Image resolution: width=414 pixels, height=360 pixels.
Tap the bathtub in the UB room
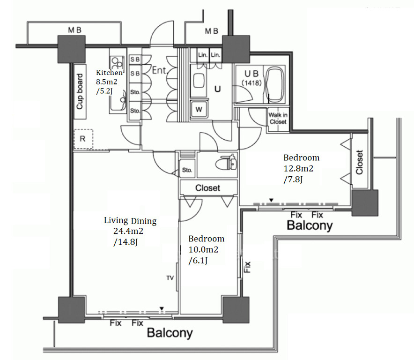pyautogui.click(x=275, y=84)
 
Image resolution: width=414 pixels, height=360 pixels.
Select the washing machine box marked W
pyautogui.click(x=199, y=109)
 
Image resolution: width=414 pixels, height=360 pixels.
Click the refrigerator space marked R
pyautogui.click(x=83, y=139)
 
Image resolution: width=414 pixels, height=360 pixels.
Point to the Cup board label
pyautogui.click(x=80, y=91)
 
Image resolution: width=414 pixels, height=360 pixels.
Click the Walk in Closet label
pyautogui.click(x=278, y=119)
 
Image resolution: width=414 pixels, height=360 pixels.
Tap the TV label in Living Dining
pyautogui.click(x=170, y=278)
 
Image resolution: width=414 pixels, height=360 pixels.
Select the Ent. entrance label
pyautogui.click(x=160, y=70)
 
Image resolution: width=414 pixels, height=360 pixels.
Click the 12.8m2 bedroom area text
pyautogui.click(x=298, y=168)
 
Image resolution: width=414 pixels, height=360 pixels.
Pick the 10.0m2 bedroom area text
pyautogui.click(x=203, y=249)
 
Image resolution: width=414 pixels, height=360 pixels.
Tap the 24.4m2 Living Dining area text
pyautogui.click(x=128, y=231)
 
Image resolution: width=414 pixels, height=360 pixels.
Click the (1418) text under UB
pyautogui.click(x=251, y=83)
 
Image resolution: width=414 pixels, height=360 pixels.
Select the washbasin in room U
pyautogui.click(x=199, y=81)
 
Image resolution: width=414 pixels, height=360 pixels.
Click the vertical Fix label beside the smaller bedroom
pyautogui.click(x=247, y=267)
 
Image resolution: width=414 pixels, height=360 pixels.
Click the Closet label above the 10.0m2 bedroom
pyautogui.click(x=207, y=188)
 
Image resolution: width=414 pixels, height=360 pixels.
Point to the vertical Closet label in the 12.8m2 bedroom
pyautogui.click(x=359, y=162)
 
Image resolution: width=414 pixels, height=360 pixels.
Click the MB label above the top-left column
pyautogui.click(x=75, y=30)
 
